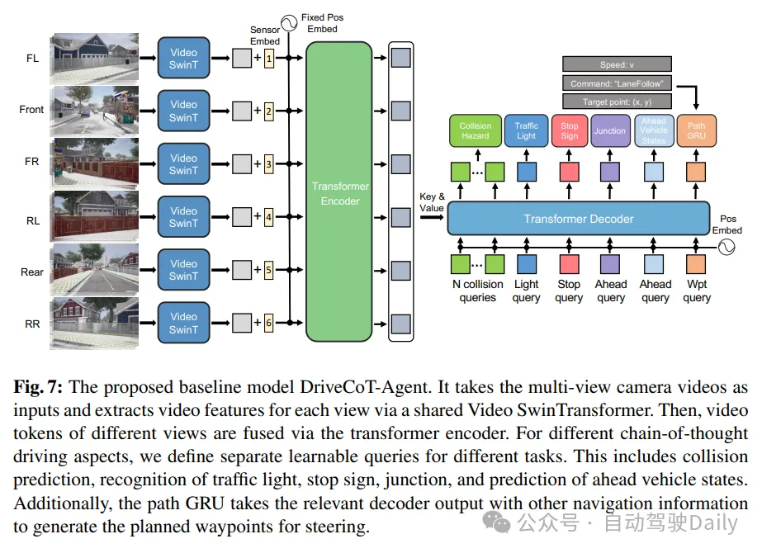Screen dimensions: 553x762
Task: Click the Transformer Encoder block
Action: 338,192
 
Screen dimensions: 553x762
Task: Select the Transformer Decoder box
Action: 578,219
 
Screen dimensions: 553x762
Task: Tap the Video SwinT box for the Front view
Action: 183,111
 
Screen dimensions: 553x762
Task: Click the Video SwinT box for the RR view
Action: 183,323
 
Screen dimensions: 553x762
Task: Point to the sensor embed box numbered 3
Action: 268,164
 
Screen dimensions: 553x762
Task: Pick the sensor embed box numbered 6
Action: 268,323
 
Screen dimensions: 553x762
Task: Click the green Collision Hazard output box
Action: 475,131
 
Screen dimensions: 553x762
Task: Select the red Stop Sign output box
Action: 570,131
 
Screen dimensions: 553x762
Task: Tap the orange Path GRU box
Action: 696,131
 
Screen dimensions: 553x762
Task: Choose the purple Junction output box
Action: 609,131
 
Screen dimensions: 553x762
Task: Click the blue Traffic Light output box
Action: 526,131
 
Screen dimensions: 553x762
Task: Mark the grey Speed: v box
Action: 617,64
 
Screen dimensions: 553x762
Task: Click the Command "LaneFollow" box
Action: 617,83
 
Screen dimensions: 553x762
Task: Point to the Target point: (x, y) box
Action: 617,101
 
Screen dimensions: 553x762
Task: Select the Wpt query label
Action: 697,291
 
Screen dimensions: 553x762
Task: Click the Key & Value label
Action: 432,202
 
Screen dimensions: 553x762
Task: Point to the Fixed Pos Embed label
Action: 322,22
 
